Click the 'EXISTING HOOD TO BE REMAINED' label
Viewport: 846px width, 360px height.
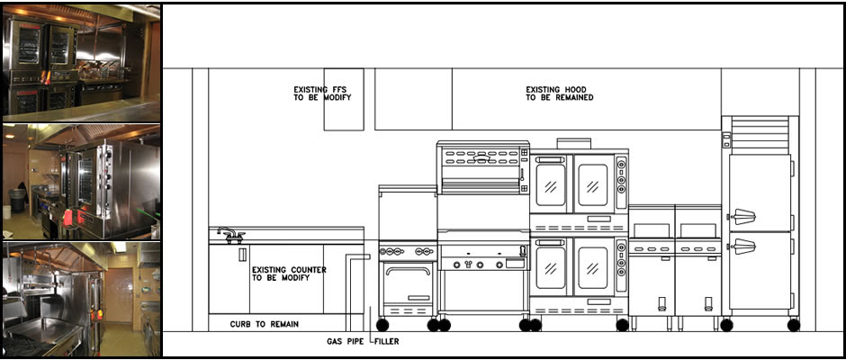tap(560, 94)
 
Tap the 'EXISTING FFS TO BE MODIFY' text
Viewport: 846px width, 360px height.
tap(322, 94)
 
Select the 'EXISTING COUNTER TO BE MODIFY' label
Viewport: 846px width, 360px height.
tap(289, 274)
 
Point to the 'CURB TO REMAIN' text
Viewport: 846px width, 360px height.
tap(265, 324)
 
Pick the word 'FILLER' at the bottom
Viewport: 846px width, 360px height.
tap(387, 342)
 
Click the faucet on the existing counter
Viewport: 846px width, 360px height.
tap(231, 235)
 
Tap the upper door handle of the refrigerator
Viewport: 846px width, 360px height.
tap(742, 216)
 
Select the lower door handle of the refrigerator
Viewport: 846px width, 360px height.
tap(742, 246)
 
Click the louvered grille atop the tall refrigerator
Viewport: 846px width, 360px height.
tap(760, 134)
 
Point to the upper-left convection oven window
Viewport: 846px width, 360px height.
tap(551, 185)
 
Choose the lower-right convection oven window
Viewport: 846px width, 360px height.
tap(593, 268)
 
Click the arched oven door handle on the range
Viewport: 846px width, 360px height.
tap(408, 270)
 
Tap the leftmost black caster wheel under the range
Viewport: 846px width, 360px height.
tap(382, 325)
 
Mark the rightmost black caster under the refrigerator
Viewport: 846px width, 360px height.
tap(793, 325)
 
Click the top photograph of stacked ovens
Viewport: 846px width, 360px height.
tap(82, 63)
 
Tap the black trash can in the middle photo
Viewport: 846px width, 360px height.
tap(17, 200)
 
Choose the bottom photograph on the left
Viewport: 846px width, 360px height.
tap(82, 299)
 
